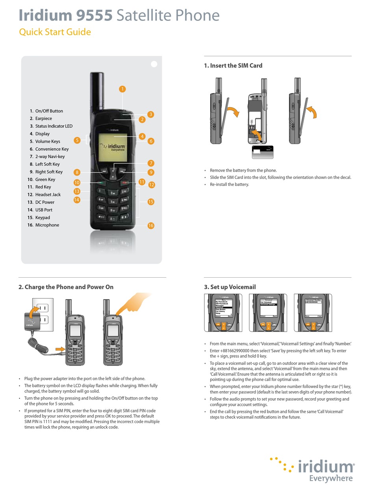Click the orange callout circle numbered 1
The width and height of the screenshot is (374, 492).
pyautogui.click(x=122, y=89)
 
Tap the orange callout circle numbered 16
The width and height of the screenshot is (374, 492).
pyautogui.click(x=150, y=225)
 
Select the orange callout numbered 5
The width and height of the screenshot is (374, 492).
pyautogui.click(x=77, y=140)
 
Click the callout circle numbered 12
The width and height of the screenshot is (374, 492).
pyautogui.click(x=152, y=184)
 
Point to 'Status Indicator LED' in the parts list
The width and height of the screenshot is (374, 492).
pyautogui.click(x=54, y=126)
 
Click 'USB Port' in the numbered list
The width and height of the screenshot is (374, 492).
pyautogui.click(x=44, y=210)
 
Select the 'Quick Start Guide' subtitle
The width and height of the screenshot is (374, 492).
pyautogui.click(x=55, y=32)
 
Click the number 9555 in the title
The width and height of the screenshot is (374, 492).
pyautogui.click(x=93, y=15)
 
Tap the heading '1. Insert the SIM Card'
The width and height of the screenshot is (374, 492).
pyautogui.click(x=233, y=65)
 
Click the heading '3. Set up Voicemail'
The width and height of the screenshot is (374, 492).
pyautogui.click(x=230, y=287)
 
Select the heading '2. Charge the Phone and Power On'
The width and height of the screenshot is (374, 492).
pyautogui.click(x=66, y=287)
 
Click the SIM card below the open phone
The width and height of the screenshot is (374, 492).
pyautogui.click(x=263, y=152)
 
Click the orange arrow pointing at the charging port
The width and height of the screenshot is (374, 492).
pyautogui.click(x=60, y=349)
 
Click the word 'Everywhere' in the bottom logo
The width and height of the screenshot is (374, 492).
pyautogui.click(x=331, y=478)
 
